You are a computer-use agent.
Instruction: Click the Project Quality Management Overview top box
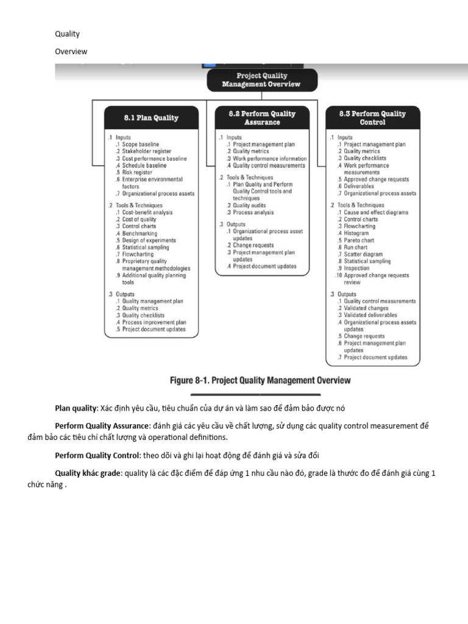pos(261,80)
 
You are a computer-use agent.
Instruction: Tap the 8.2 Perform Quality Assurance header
pos(262,118)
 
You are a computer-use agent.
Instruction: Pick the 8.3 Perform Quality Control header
pos(372,118)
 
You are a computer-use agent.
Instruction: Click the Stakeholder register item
pos(146,151)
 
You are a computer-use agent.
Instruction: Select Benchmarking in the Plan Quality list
pos(140,233)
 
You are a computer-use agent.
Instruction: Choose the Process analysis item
pos(253,213)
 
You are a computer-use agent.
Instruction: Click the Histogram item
pos(356,233)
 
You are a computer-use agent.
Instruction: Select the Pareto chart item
pos(359,241)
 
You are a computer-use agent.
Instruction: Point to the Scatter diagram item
pos(363,255)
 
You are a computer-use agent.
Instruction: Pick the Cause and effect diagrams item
pos(376,213)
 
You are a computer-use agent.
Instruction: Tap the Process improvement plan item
pos(154,322)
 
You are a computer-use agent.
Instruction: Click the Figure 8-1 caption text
pos(260,381)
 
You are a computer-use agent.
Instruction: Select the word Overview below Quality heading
pos(71,51)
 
